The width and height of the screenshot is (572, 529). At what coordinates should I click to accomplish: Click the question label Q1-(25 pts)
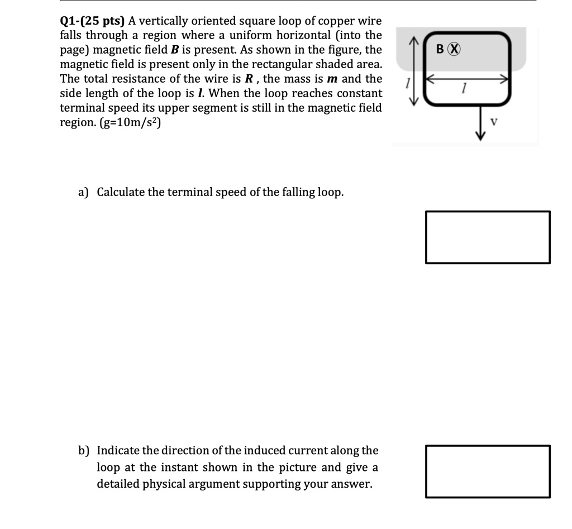[x=93, y=21]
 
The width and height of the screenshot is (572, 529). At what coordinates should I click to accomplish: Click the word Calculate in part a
[x=121, y=192]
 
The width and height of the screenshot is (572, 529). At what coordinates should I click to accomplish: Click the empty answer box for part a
[x=488, y=237]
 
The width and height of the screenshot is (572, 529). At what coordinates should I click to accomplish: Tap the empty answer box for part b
[x=488, y=471]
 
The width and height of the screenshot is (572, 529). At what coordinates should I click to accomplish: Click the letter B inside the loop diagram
[x=440, y=49]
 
